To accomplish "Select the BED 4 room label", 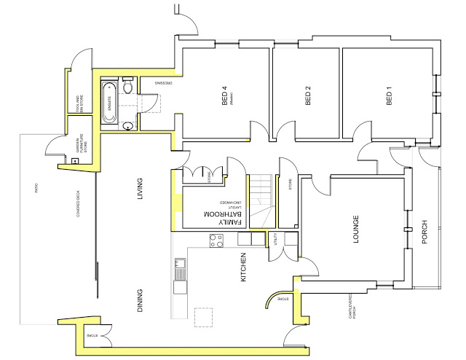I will coord(225,97).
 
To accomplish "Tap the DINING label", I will coord(141,300).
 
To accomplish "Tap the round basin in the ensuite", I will coord(128,125).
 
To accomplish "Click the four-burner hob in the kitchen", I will coord(216,240).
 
